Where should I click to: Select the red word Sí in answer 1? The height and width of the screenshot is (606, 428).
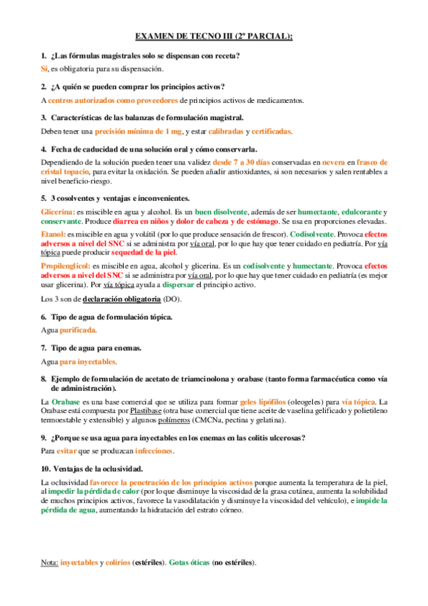(44, 69)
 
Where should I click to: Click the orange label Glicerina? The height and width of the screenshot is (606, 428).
(57, 212)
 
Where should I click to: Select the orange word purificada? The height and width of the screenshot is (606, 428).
(77, 330)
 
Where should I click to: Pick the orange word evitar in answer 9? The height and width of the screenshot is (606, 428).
(67, 452)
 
